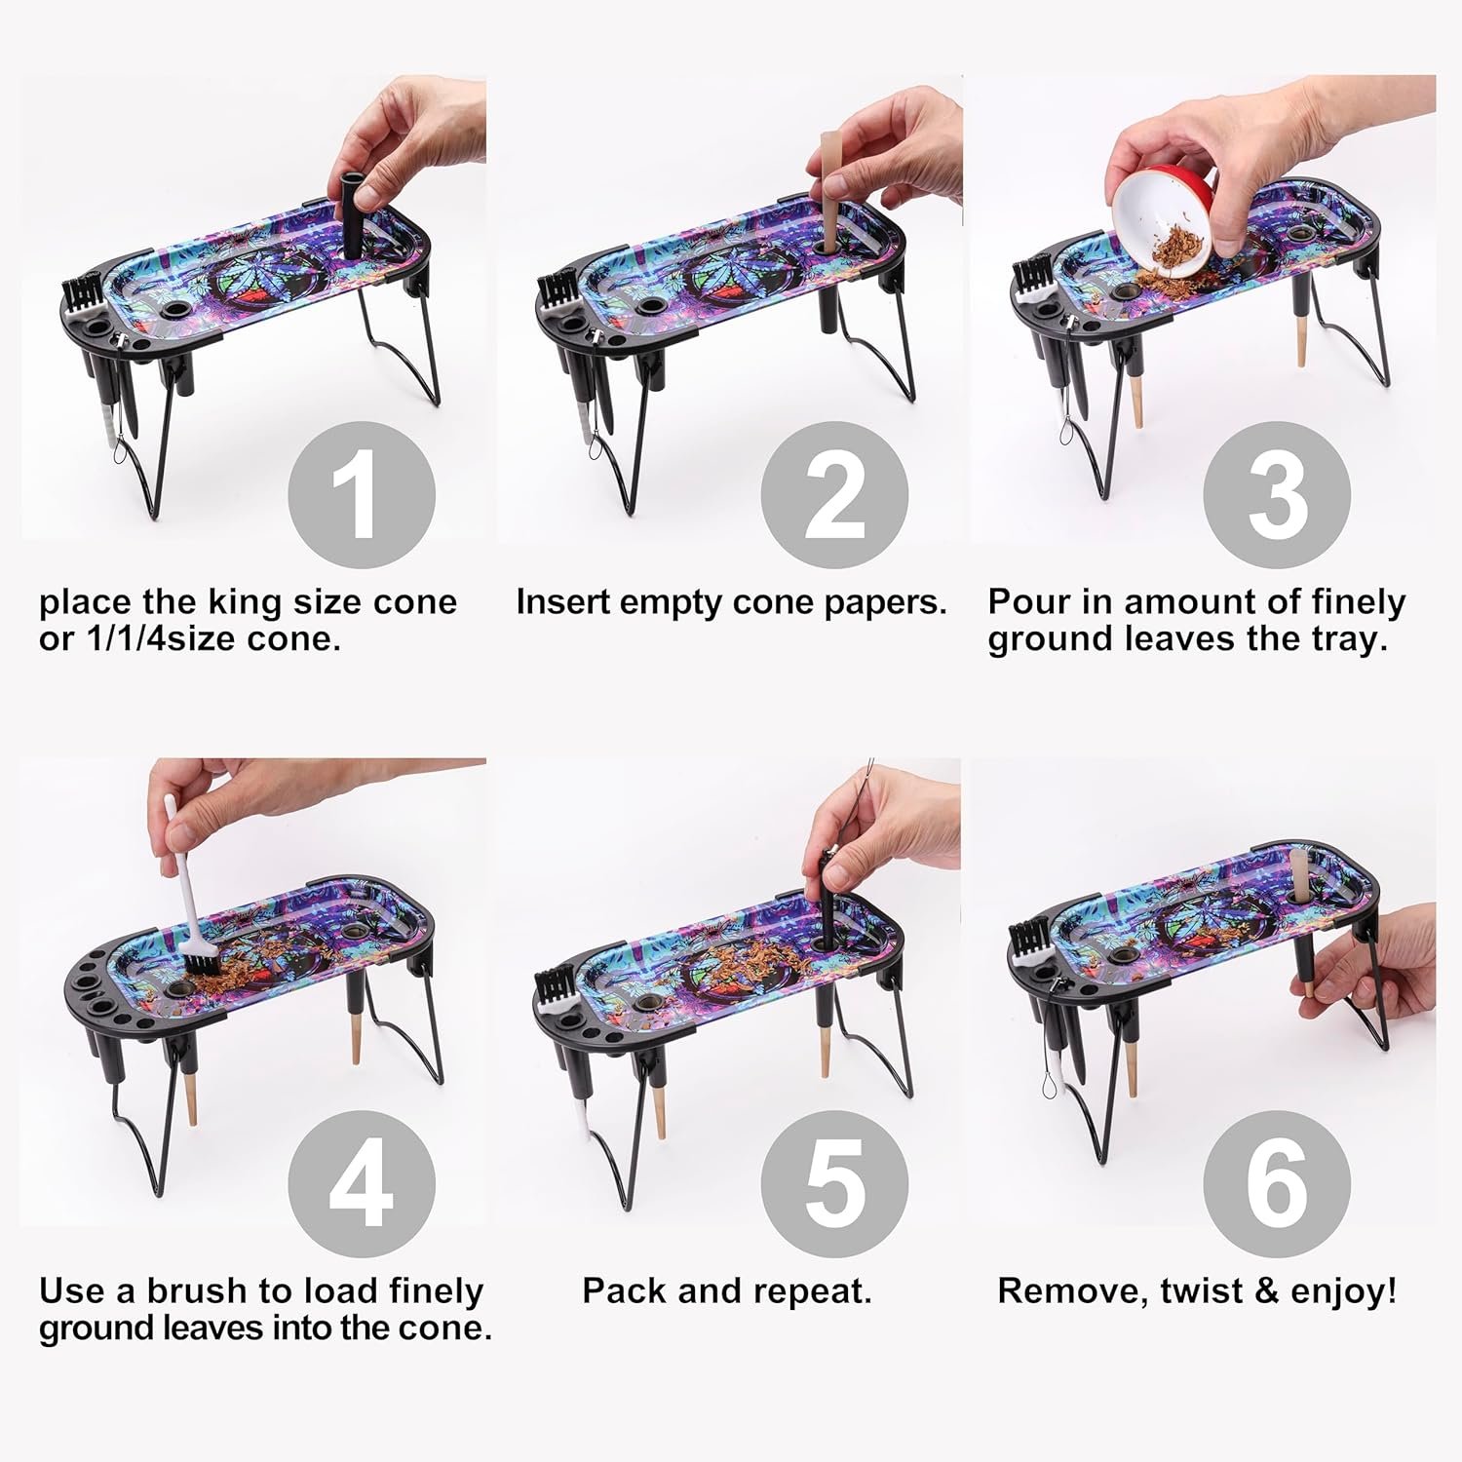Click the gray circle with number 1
(x=362, y=495)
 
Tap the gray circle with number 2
(x=834, y=495)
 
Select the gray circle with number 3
(x=1277, y=495)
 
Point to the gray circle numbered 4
(x=362, y=1184)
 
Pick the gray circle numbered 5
(x=834, y=1184)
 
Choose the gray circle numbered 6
(x=1277, y=1184)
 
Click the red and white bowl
(x=1171, y=219)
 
